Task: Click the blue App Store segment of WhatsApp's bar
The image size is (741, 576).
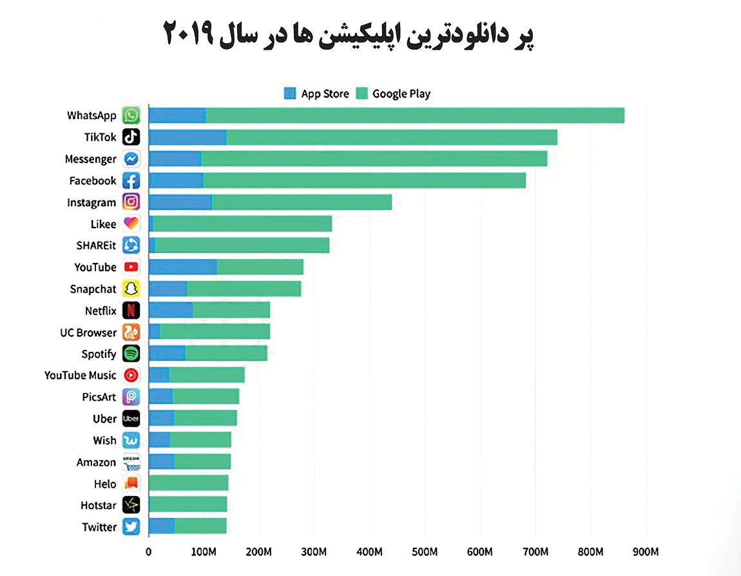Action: click(x=177, y=115)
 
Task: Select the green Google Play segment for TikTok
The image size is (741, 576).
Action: click(x=391, y=137)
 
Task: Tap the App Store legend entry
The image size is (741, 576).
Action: click(x=316, y=93)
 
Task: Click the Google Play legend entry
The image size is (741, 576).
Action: click(x=393, y=93)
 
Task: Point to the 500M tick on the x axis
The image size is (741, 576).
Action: click(x=425, y=552)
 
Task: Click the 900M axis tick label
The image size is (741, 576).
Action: click(x=646, y=552)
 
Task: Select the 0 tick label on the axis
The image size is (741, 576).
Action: click(x=149, y=552)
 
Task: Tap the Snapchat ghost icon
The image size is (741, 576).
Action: click(x=131, y=289)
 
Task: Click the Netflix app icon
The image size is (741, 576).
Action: click(x=131, y=311)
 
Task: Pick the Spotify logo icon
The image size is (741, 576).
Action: click(x=131, y=354)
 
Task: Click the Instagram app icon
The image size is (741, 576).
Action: click(x=131, y=202)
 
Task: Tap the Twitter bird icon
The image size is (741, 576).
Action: click(x=131, y=527)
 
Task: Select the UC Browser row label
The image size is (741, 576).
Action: click(x=88, y=332)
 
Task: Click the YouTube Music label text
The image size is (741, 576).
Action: click(x=81, y=375)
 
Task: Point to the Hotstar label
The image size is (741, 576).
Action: click(x=99, y=506)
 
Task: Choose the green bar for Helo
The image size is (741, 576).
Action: click(x=188, y=483)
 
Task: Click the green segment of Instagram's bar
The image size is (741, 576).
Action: click(x=302, y=202)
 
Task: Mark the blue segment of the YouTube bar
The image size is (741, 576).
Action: click(x=182, y=267)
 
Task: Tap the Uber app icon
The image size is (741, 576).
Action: click(x=131, y=418)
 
